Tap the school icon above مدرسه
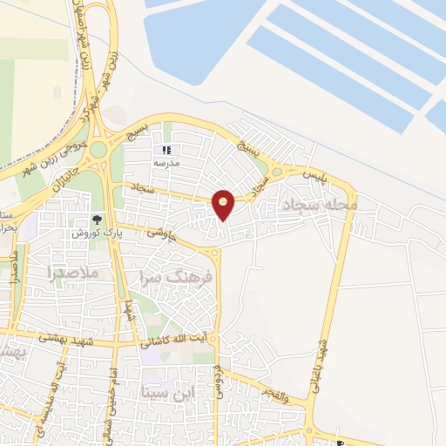166,150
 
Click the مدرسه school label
166,164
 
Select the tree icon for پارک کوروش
97,220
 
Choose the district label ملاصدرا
74,273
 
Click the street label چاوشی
160,233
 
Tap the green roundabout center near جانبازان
98,149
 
